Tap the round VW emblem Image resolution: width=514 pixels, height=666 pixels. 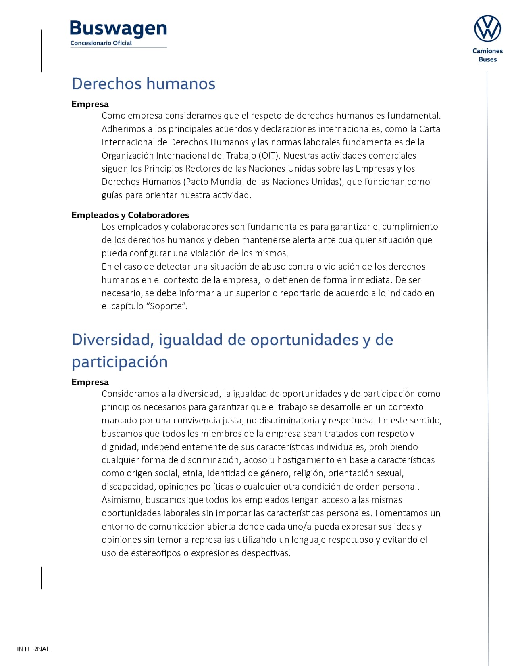(487, 29)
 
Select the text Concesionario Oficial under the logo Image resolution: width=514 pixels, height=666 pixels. (101, 43)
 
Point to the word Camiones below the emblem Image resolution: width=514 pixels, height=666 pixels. (487, 51)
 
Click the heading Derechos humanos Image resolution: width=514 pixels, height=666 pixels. (144, 84)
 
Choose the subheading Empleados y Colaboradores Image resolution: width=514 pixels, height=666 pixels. (130, 215)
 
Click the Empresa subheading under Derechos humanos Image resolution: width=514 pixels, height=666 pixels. (90, 104)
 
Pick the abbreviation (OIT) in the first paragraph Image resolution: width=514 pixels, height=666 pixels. (269, 155)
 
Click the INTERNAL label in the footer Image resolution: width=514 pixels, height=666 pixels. (33, 649)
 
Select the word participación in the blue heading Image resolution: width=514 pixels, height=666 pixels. (120, 362)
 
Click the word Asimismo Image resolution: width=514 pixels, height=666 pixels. (121, 500)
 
